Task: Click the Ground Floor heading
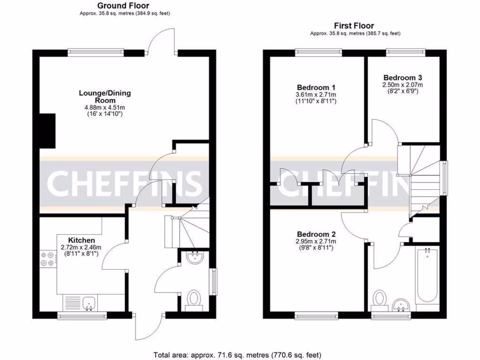(x=124, y=6)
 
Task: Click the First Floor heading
(x=354, y=26)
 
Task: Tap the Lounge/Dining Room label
(x=105, y=97)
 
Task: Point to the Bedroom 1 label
(x=316, y=87)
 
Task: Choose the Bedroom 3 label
(x=403, y=77)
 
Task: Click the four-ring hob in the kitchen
(x=47, y=259)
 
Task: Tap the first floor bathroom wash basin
(x=401, y=305)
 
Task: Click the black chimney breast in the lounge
(x=47, y=130)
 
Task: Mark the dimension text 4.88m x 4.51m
(x=105, y=107)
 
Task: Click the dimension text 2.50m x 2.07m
(x=403, y=85)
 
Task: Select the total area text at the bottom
(x=238, y=355)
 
